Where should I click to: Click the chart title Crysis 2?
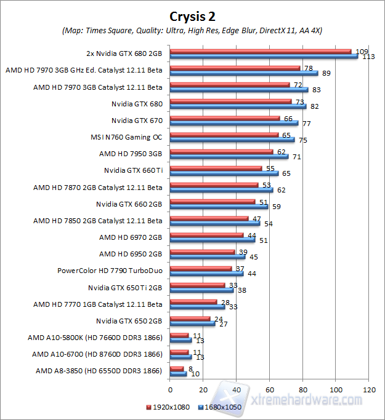click(192, 17)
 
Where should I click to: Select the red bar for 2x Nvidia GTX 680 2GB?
click(260, 51)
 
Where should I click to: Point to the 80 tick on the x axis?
click(303, 389)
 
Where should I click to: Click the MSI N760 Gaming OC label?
click(126, 137)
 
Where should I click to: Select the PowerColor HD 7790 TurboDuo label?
click(110, 270)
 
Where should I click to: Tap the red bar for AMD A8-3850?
click(176, 368)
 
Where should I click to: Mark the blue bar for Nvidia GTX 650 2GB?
click(192, 323)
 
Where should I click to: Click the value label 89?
click(326, 73)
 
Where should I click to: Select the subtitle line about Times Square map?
click(192, 30)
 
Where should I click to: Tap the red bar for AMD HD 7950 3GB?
click(221, 151)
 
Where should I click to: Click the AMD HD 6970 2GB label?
click(131, 237)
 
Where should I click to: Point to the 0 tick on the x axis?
click(170, 389)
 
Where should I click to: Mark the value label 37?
click(240, 269)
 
